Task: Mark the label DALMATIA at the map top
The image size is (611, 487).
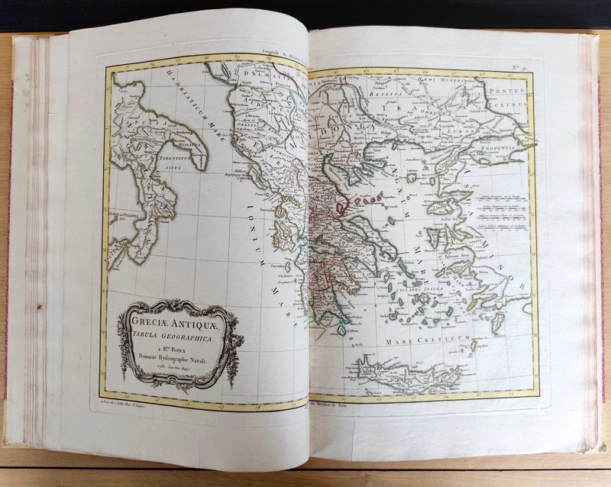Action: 260,75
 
